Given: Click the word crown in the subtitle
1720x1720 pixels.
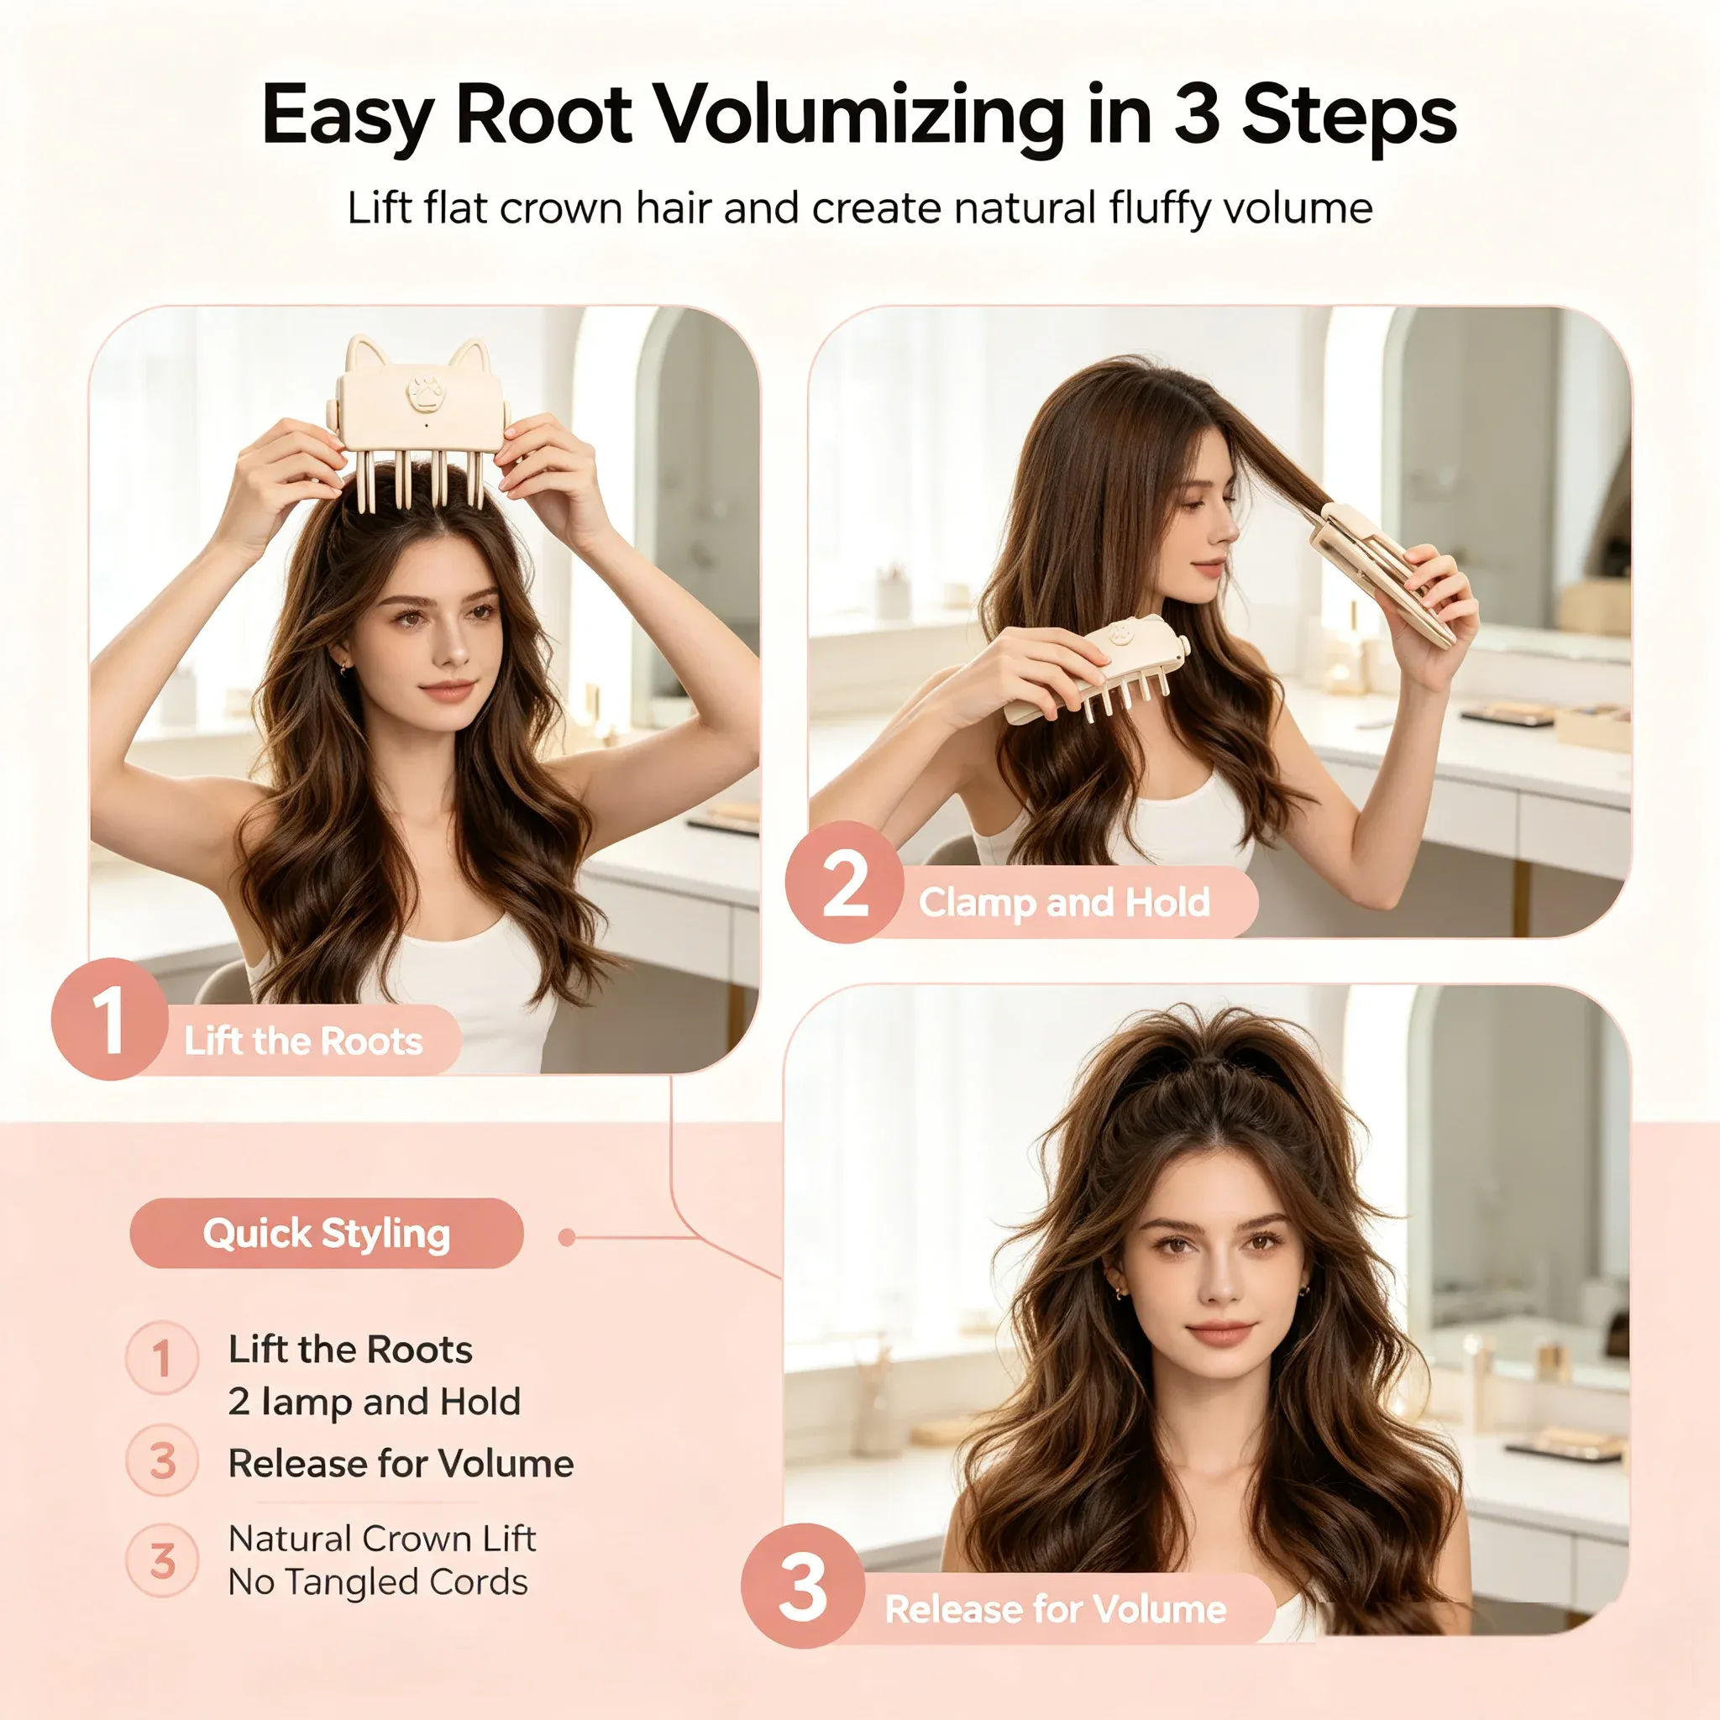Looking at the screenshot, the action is click(558, 209).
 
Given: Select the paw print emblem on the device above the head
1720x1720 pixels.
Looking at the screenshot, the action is click(424, 392).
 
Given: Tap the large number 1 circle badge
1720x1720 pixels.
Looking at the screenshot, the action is click(110, 1020).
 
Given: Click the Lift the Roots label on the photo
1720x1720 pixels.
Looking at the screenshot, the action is click(303, 1041).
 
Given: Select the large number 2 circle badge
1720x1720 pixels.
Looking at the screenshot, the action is click(844, 883).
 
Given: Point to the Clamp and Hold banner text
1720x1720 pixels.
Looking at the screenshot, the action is click(1064, 903).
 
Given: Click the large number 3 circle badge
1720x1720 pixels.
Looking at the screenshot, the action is click(803, 1586).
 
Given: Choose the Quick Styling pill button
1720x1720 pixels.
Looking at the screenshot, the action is click(327, 1233).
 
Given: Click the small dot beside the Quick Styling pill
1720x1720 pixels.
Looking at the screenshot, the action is click(566, 1237).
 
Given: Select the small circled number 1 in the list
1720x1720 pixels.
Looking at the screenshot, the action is click(162, 1358).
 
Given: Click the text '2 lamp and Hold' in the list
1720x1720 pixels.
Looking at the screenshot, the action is click(374, 1403).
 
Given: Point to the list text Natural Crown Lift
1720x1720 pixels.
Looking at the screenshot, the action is click(382, 1539).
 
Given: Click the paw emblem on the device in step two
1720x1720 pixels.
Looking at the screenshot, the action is click(1120, 636).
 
